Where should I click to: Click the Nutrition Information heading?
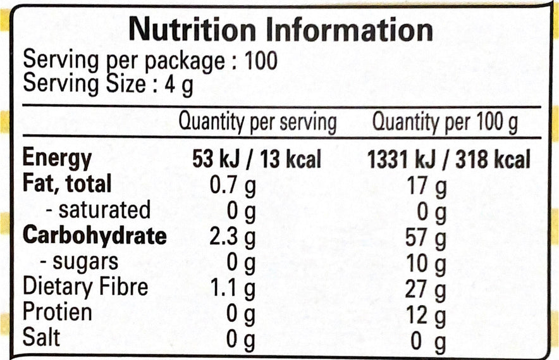point(281,30)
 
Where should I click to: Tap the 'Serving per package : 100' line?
point(150,61)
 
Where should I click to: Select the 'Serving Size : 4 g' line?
point(108,84)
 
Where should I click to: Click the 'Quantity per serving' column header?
point(257,121)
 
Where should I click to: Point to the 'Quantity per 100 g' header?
point(445,121)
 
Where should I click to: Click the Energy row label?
point(57,159)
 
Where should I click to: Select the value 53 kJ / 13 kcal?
point(257,159)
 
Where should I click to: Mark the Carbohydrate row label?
point(95,235)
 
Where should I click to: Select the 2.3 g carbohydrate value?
point(232,237)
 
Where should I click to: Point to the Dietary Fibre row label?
point(85,287)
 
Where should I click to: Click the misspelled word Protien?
point(57,312)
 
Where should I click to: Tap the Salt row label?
point(41,337)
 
